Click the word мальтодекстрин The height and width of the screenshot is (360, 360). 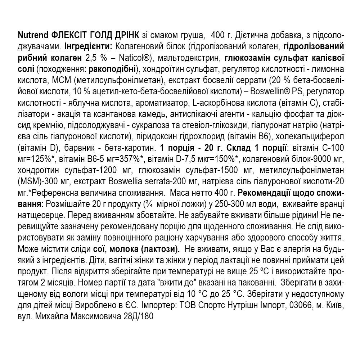click(187, 58)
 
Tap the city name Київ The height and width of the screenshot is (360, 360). click(334, 306)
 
